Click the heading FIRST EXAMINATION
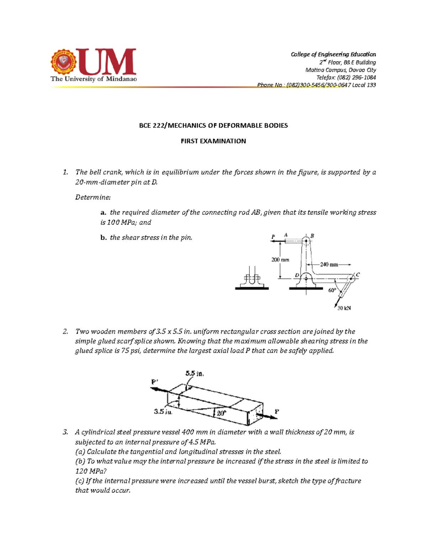(x=213, y=141)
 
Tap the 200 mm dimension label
(x=280, y=260)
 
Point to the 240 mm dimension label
(x=329, y=265)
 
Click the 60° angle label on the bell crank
(x=332, y=290)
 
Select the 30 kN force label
(x=344, y=308)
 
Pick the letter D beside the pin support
(x=297, y=275)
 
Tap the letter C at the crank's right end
(x=358, y=275)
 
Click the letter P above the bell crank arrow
(x=273, y=237)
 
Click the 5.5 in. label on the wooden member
(x=195, y=374)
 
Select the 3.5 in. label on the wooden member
(x=163, y=412)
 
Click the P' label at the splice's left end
(x=155, y=381)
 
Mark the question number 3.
(x=65, y=432)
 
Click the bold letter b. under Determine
(x=103, y=238)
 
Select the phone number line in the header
(x=316, y=85)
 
